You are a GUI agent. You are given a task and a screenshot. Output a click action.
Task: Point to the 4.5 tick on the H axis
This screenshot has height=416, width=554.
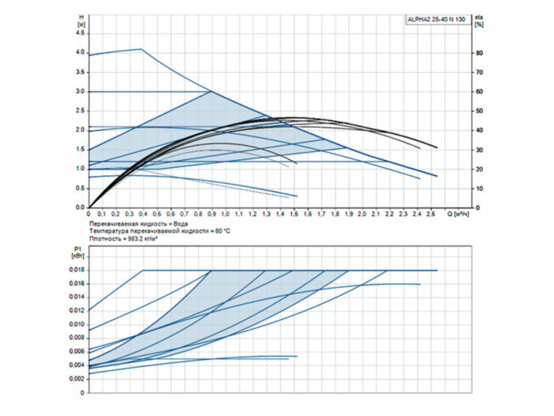click(x=79, y=33)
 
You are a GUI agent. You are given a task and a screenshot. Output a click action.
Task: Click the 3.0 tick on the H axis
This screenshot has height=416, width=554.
click(x=79, y=91)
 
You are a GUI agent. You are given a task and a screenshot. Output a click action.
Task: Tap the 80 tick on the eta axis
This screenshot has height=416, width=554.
click(x=479, y=52)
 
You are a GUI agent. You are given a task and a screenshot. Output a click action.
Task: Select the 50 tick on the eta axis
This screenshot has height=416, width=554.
click(x=479, y=111)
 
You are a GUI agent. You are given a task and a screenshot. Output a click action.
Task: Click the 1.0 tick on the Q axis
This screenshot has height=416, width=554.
click(x=225, y=214)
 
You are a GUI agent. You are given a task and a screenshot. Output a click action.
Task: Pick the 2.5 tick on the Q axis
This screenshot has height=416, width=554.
click(x=431, y=214)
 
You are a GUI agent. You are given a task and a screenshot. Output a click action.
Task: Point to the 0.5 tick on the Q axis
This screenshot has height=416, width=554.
click(x=157, y=214)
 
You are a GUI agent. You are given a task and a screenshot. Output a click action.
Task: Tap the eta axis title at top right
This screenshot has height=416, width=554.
click(x=479, y=19)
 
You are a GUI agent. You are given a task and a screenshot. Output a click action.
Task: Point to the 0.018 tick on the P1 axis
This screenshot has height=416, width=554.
click(x=75, y=270)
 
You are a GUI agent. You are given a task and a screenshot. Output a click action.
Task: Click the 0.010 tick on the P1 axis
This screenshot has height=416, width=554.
click(x=75, y=324)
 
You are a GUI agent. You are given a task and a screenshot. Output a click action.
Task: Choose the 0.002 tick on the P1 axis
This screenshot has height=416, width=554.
click(x=75, y=379)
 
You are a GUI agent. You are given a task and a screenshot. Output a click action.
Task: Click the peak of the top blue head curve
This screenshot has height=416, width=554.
click(x=142, y=49)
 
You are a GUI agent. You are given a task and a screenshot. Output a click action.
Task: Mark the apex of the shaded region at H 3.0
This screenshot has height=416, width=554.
click(x=211, y=91)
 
